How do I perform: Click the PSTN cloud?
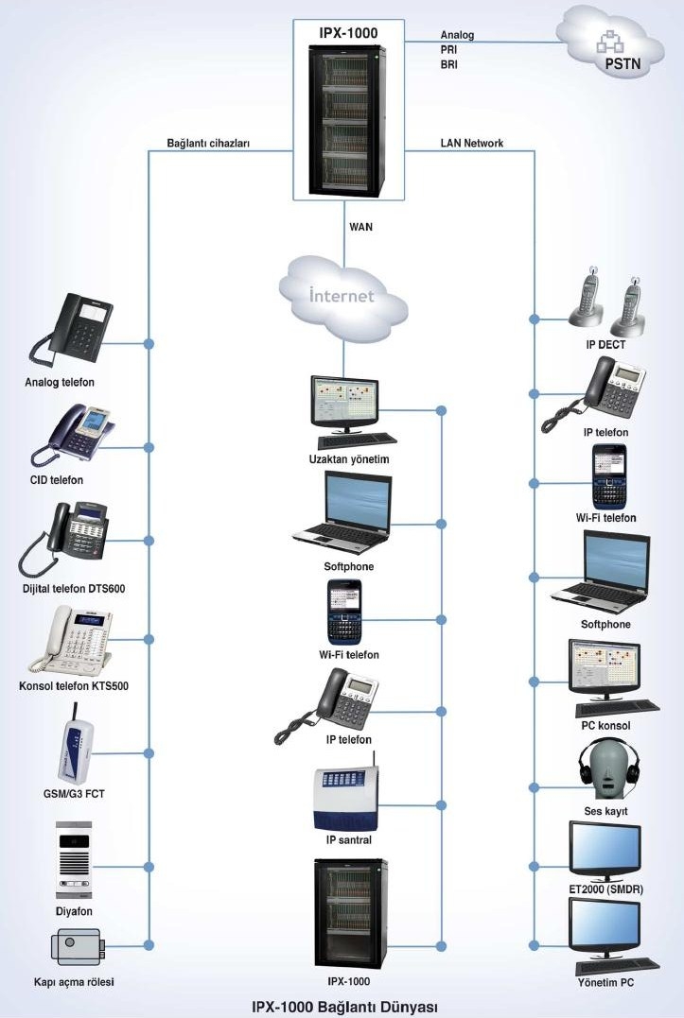tap(614, 43)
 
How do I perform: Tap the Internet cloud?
tap(342, 294)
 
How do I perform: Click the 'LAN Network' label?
tap(472, 144)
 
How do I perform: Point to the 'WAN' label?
tap(360, 226)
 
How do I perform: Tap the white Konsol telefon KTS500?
tap(67, 638)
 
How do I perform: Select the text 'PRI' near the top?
tap(449, 50)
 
